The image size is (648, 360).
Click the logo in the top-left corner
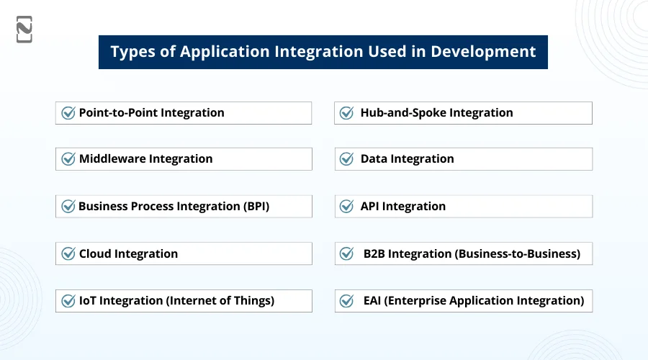pyautogui.click(x=24, y=30)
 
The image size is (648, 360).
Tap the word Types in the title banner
pyautogui.click(x=135, y=52)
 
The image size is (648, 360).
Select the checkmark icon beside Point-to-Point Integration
pyautogui.click(x=68, y=113)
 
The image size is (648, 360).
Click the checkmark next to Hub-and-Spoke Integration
pyautogui.click(x=347, y=113)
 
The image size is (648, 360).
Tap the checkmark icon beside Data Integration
pyautogui.click(x=347, y=159)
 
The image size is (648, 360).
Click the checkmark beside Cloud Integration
pyautogui.click(x=68, y=253)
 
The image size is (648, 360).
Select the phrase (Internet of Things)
pyautogui.click(x=220, y=301)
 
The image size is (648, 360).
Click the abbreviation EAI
pyautogui.click(x=374, y=301)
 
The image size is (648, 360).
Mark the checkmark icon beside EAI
pyautogui.click(x=347, y=301)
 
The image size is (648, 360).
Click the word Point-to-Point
pyautogui.click(x=118, y=113)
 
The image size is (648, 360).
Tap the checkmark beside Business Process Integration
pyautogui.click(x=68, y=207)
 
